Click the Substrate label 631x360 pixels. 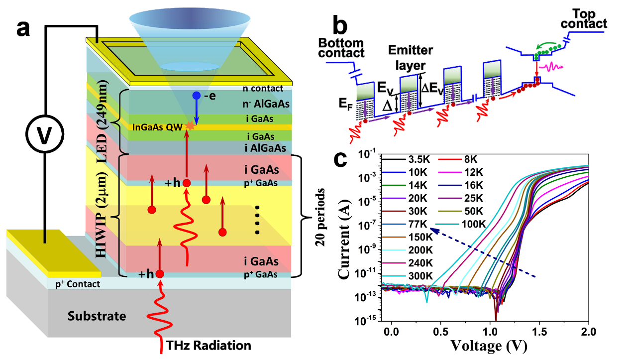point(97,316)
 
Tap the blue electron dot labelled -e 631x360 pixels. point(197,95)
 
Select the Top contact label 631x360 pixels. point(590,18)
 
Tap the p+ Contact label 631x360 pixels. point(79,284)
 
